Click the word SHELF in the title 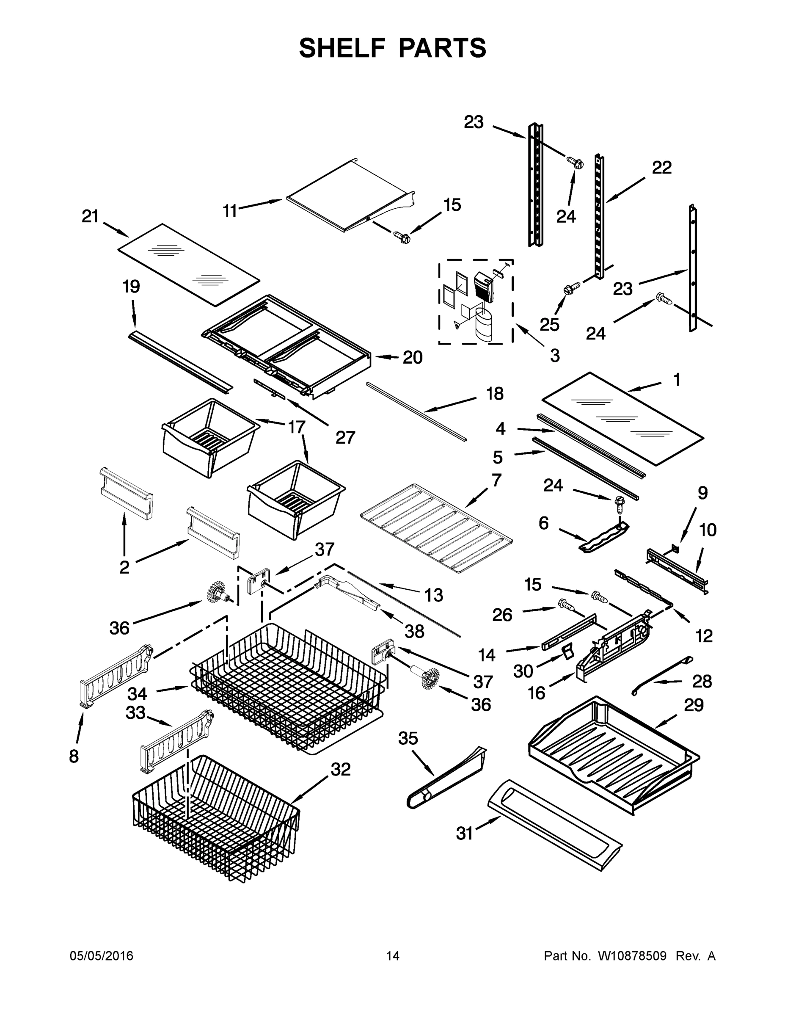342,48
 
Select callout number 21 90,216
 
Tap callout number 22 662,168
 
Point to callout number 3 555,356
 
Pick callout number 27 345,437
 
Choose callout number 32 340,770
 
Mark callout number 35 408,738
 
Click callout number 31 464,834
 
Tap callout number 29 694,705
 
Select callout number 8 74,756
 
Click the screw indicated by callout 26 565,605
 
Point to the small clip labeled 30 567,653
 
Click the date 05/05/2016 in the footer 102,956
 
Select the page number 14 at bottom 393,956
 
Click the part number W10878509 632,956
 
